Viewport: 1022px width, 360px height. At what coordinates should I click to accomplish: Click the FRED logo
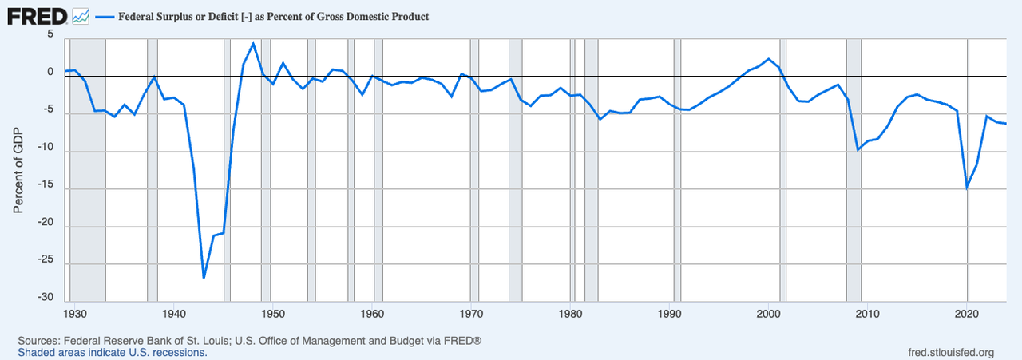pyautogui.click(x=38, y=15)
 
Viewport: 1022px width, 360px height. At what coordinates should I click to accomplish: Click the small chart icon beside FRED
pyautogui.click(x=80, y=15)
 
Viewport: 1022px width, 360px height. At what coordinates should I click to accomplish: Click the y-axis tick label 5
pyautogui.click(x=50, y=35)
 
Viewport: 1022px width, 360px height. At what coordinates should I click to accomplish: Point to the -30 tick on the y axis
pyautogui.click(x=45, y=298)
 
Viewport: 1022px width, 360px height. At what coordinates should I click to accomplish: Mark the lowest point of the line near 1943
pyautogui.click(x=204, y=278)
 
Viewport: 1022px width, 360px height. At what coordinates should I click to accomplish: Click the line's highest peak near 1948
pyautogui.click(x=253, y=43)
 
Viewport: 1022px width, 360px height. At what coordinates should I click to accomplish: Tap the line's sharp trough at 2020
pyautogui.click(x=967, y=188)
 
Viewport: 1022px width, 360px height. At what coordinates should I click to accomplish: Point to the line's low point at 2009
pyautogui.click(x=858, y=149)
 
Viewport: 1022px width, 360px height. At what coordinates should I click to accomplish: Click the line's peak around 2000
pyautogui.click(x=769, y=59)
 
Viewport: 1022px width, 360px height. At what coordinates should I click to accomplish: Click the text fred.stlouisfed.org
pyautogui.click(x=951, y=352)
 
